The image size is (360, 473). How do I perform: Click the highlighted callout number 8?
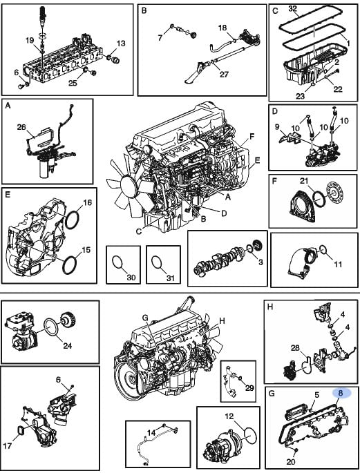341,394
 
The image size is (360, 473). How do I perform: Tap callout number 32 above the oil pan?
293,8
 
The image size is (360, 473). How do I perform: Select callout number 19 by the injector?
30,41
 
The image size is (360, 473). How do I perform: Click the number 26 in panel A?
21,127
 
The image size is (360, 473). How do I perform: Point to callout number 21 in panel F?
304,181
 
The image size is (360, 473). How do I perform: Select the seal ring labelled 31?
155,262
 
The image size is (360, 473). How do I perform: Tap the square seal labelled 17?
20,430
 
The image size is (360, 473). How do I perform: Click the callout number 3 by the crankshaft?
260,262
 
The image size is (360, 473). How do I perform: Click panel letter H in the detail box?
270,307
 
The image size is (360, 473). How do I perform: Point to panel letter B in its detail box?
144,10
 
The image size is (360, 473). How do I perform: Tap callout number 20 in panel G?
291,461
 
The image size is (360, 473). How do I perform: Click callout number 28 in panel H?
295,348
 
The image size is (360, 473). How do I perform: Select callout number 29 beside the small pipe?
249,387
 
